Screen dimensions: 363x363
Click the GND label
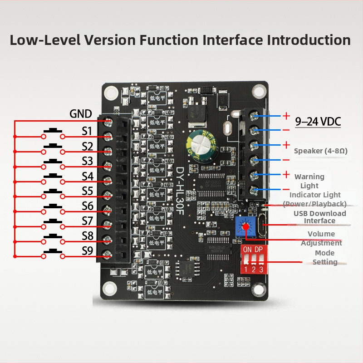[81, 114]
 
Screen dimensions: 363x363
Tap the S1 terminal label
[87, 131]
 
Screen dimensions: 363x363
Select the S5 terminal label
[87, 191]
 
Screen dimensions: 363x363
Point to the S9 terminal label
[87, 250]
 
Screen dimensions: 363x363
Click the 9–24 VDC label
[318, 122]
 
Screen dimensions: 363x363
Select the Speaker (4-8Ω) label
[321, 151]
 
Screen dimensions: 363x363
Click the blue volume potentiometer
[245, 225]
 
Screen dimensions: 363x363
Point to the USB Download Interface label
[319, 217]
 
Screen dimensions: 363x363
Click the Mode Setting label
[324, 257]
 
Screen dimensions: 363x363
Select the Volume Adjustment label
[321, 238]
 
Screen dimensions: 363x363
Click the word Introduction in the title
[309, 39]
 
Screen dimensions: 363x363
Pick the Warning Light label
[309, 181]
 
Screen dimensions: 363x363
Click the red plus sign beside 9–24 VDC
[286, 116]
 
